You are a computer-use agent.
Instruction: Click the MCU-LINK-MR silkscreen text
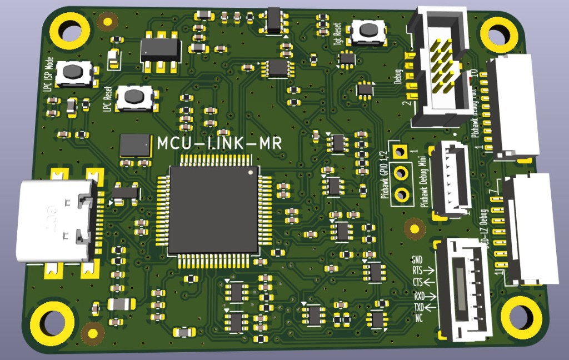219,143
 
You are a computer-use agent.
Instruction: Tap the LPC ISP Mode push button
73,72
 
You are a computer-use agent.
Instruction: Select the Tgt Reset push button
367,32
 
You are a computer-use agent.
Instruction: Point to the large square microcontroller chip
214,210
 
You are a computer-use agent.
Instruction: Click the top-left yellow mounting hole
70,31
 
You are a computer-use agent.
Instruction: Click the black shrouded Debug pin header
439,66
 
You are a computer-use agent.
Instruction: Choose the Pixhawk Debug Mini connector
451,179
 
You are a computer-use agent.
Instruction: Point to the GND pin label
417,259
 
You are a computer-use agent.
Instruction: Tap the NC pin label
420,318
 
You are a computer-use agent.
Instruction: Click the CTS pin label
417,282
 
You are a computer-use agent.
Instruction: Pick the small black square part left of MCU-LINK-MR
134,145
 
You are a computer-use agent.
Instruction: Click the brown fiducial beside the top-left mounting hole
107,22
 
